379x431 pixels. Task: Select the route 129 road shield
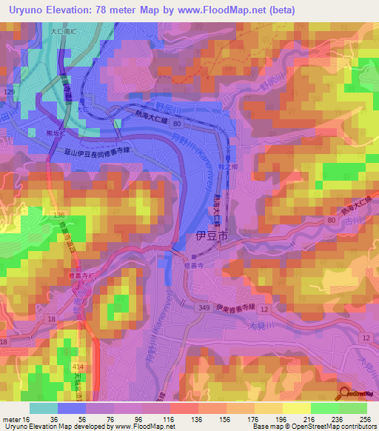click(x=9, y=90)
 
